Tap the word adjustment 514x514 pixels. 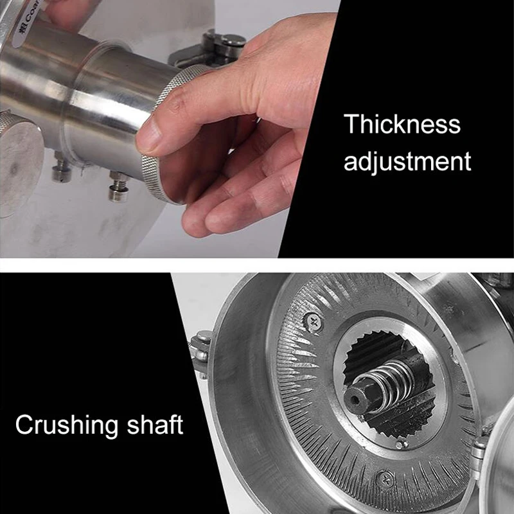pyautogui.click(x=407, y=161)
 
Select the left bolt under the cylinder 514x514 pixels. pyautogui.click(x=62, y=168)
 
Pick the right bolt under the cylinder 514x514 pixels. pyautogui.click(x=118, y=187)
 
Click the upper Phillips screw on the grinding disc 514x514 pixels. pyautogui.click(x=314, y=323)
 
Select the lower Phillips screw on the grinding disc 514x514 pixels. pyautogui.click(x=386, y=480)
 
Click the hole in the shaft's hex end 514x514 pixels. pyautogui.click(x=355, y=400)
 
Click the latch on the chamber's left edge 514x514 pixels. pyautogui.click(x=200, y=352)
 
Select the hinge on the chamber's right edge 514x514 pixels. pyautogui.click(x=478, y=454)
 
